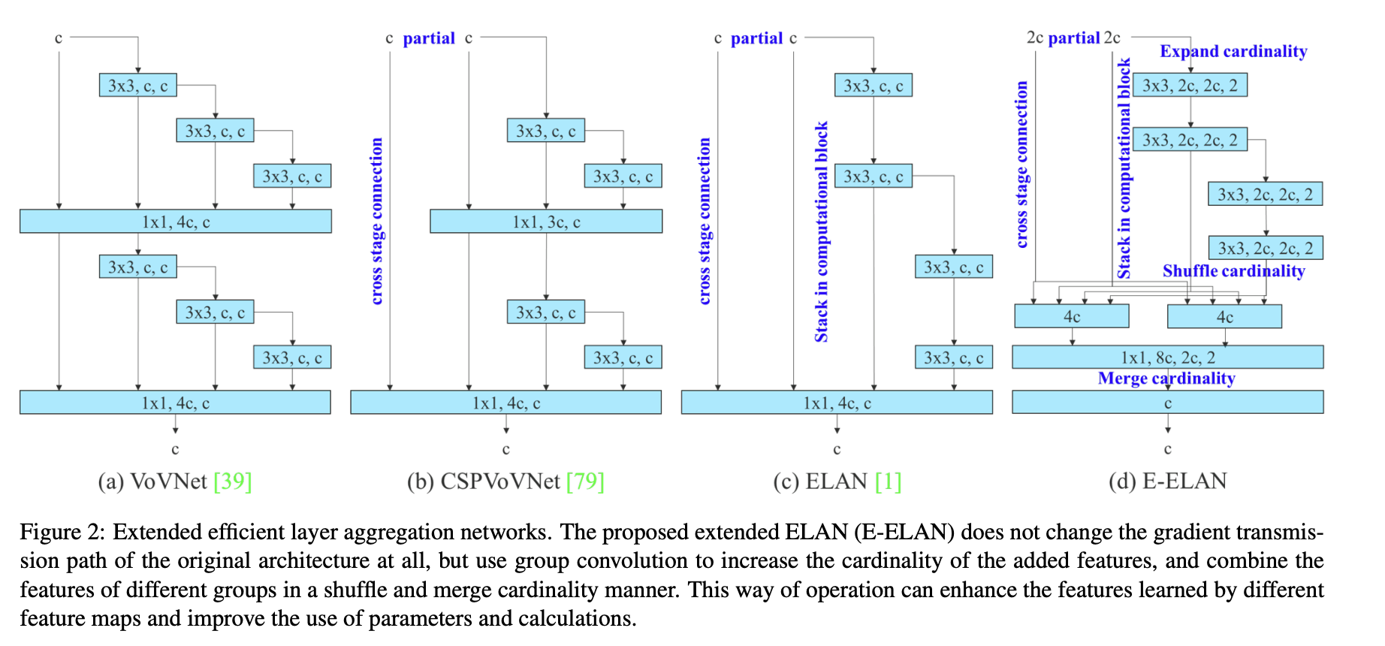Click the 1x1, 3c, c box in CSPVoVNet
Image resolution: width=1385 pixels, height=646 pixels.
pos(546,222)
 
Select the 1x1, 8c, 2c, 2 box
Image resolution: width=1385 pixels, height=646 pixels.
pos(1167,357)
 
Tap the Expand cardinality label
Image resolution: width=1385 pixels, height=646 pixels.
pos(1233,51)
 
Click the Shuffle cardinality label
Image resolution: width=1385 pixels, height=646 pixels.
pos(1233,270)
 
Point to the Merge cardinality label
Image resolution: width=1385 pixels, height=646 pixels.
pos(1166,378)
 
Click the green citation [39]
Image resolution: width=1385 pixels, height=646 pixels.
pos(233,481)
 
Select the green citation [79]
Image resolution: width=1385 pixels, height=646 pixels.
pos(585,481)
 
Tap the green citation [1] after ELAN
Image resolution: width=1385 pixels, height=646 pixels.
pos(888,481)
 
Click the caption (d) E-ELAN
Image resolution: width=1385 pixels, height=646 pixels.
pos(1167,481)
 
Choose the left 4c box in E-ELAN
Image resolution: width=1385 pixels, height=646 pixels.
pos(1071,316)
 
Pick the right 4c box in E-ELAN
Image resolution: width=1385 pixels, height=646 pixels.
pos(1224,316)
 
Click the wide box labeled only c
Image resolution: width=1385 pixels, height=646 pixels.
pos(1167,403)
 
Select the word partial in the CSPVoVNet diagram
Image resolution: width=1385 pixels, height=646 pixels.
pos(429,38)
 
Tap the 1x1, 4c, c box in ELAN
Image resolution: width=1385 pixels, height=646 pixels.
pos(837,403)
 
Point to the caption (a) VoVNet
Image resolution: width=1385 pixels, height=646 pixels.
pos(152,481)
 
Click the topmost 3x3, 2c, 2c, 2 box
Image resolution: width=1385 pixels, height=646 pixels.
pos(1190,85)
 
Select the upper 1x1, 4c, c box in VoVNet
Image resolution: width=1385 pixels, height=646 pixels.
pos(175,222)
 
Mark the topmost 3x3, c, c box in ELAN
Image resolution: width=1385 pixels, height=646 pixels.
pos(874,85)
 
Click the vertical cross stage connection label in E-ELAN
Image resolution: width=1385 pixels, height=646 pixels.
pos(1021,165)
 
